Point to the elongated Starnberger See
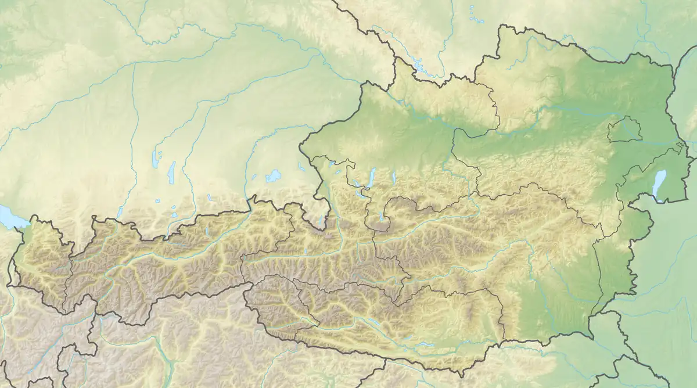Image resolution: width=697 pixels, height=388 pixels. (x=171, y=171)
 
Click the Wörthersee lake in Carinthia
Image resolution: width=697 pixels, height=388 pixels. (x=425, y=344)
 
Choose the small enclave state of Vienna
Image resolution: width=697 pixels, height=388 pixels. (x=624, y=130)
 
